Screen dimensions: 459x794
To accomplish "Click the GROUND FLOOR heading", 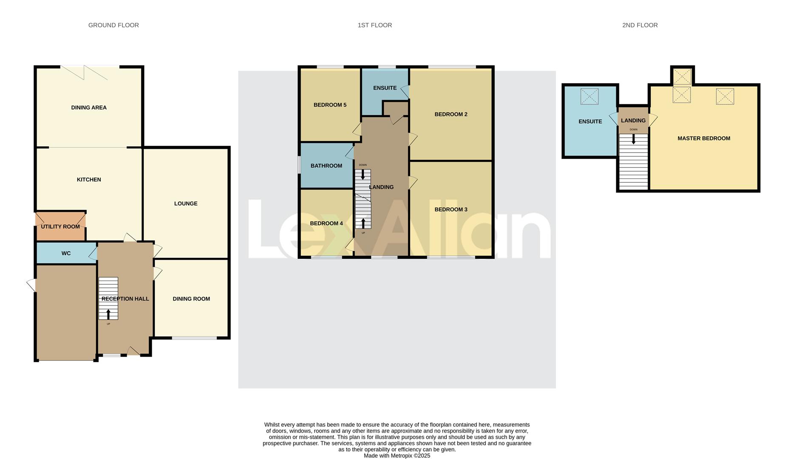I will [113, 25].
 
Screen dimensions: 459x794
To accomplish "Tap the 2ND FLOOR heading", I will [640, 25].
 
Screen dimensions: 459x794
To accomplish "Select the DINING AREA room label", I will [89, 108].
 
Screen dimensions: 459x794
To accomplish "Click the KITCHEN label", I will [89, 179].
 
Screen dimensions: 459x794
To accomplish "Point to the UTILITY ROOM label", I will [60, 227].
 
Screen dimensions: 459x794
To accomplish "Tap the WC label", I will [66, 253].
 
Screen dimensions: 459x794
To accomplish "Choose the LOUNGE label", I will [186, 204].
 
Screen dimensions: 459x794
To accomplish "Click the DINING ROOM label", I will [191, 299].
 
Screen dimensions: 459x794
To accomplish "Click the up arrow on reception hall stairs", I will [108, 314].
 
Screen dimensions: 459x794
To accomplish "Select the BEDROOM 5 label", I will [330, 105].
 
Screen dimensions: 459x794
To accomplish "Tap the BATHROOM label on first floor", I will [326, 166].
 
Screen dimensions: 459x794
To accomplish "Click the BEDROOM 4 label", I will [326, 224].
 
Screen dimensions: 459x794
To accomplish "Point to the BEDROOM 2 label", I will [451, 114].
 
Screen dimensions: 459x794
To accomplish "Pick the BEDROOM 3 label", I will [451, 210].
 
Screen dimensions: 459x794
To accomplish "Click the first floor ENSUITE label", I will [385, 88].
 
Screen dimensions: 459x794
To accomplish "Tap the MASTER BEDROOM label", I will [703, 138].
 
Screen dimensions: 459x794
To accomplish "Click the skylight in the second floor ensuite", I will [589, 96].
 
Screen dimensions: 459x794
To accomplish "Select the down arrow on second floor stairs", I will [633, 139].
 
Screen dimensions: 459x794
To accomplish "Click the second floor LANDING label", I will [633, 121].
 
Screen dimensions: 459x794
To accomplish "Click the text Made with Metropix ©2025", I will [397, 456].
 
